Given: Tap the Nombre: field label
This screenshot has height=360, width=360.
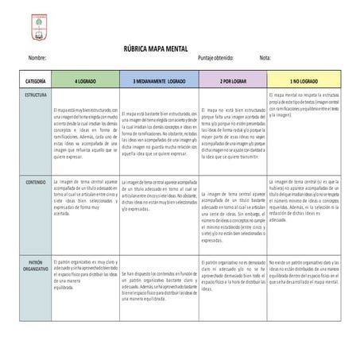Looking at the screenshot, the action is coord(37,60).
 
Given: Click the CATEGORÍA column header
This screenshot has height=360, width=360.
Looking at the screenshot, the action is coord(30,83).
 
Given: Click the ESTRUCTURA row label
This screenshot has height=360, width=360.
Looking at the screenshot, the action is coord(30,95).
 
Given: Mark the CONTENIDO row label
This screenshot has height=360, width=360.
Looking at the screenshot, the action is coord(30,183).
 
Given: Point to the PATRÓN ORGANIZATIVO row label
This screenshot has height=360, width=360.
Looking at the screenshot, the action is coord(30,264).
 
